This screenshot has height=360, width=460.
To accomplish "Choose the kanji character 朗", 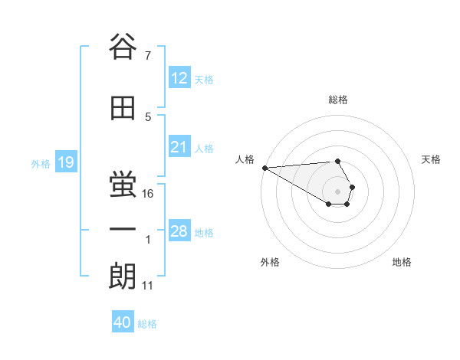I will click(123, 276).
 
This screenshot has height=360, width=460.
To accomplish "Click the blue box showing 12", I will click(179, 78).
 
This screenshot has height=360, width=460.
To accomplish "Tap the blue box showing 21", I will click(179, 147).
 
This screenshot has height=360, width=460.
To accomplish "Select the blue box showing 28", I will click(179, 231).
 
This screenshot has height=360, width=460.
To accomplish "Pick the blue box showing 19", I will click(65, 162).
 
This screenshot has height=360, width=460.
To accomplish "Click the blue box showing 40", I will click(123, 322).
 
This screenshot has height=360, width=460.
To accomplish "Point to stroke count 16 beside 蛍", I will click(149, 194).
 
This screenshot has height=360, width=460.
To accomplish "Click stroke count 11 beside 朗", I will click(148, 286).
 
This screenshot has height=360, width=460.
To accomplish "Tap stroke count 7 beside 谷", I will click(148, 56).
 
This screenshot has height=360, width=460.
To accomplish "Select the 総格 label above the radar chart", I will click(338, 100).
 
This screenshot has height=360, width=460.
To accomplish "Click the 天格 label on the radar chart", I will click(432, 159).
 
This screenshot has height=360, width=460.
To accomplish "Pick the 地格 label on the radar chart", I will click(402, 262).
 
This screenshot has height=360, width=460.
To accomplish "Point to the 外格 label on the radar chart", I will click(270, 262).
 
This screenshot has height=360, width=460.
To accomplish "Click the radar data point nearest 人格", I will click(264, 168).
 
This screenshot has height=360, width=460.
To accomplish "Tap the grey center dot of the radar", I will click(338, 191).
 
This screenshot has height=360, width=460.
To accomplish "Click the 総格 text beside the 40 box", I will click(147, 323).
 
